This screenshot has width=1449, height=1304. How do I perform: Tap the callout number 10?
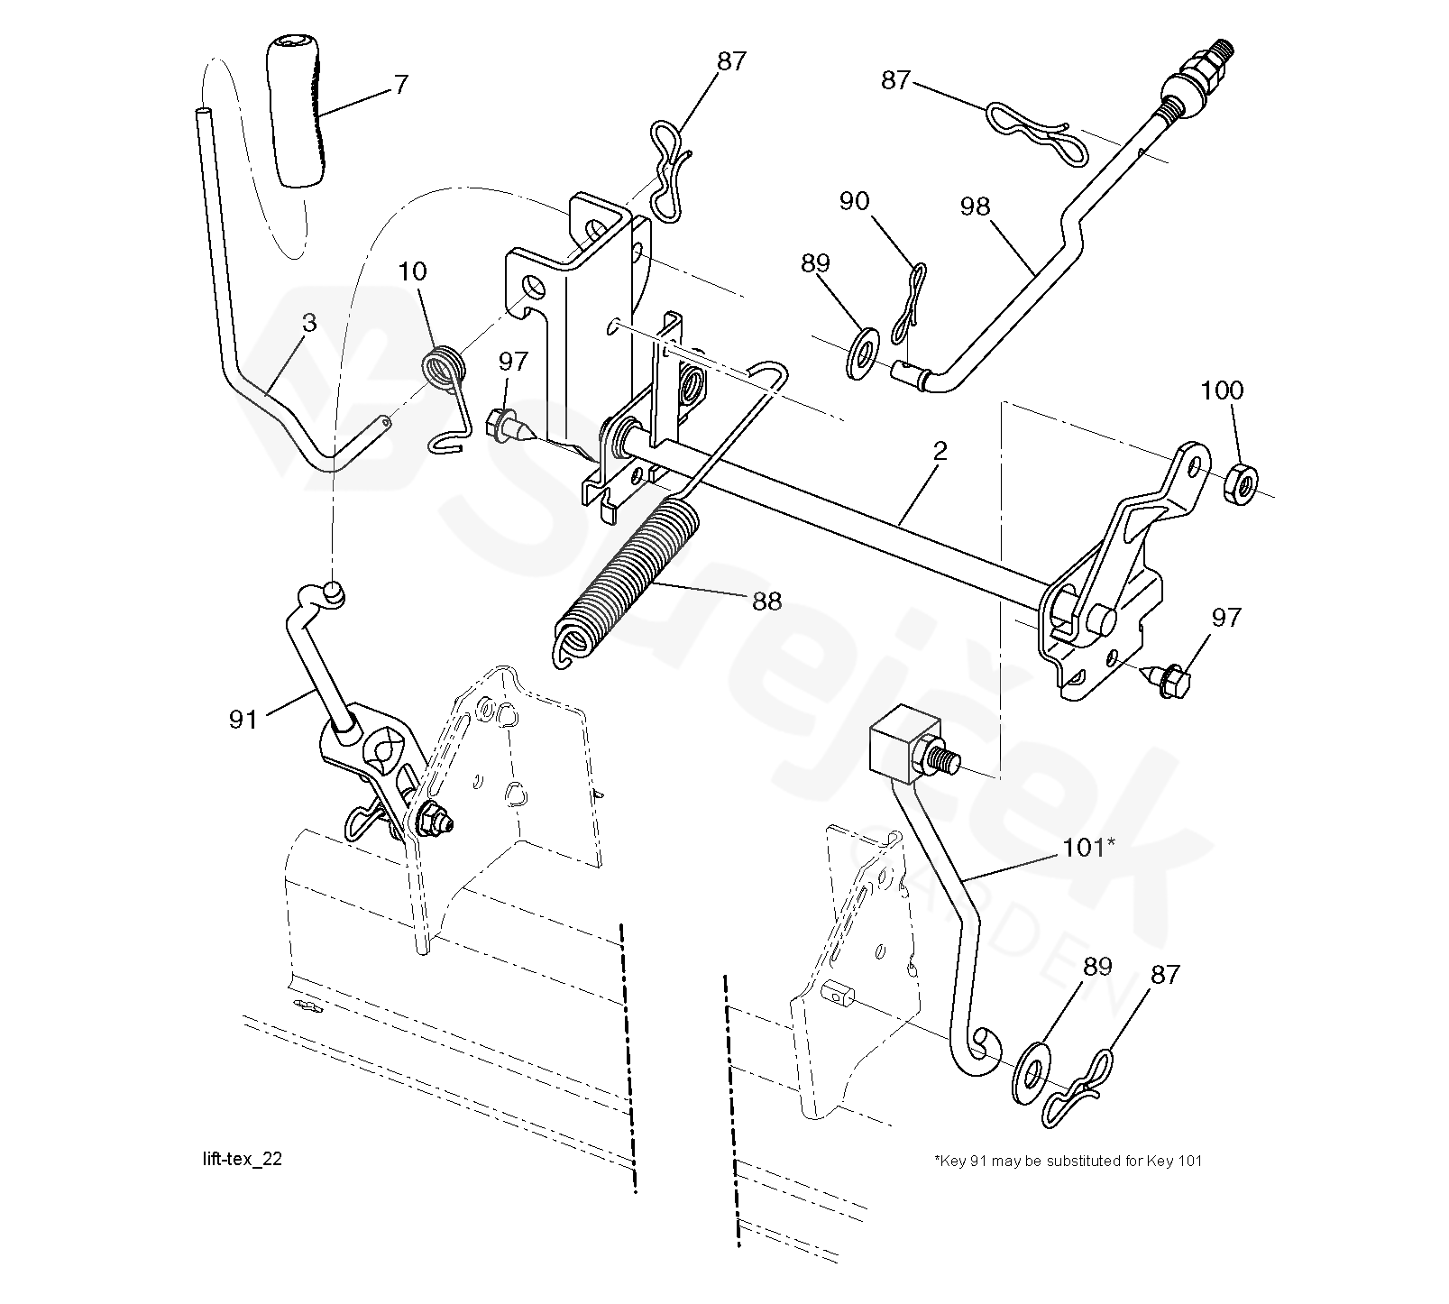412,271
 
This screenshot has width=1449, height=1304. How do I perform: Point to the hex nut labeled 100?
1242,483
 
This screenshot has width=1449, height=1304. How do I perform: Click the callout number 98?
976,207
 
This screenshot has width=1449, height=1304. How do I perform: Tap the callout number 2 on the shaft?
940,452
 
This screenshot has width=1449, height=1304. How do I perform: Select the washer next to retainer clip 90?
864,354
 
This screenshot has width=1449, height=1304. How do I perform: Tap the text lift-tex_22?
243,1159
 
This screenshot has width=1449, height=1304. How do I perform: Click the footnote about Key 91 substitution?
1068,1161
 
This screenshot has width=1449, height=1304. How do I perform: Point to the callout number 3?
309,323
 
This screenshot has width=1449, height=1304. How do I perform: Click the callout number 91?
243,719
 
